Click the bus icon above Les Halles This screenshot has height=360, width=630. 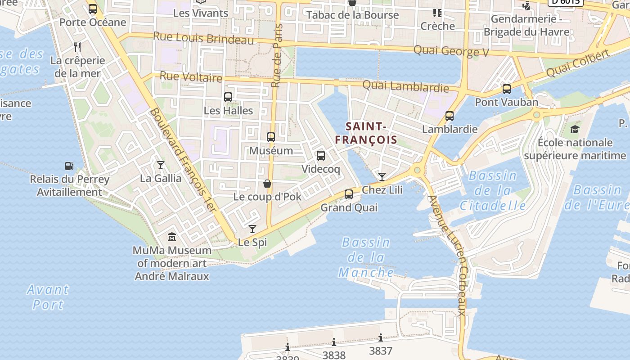pyautogui.click(x=228, y=97)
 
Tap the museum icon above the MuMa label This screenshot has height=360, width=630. pyautogui.click(x=172, y=237)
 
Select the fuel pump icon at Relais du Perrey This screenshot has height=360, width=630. pyautogui.click(x=69, y=166)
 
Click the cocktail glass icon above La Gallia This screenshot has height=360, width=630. pyautogui.click(x=160, y=165)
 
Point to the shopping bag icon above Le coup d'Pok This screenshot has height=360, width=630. pyautogui.click(x=267, y=184)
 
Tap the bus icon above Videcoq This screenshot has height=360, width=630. pyautogui.click(x=321, y=156)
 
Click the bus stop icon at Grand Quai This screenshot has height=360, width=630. pyautogui.click(x=349, y=194)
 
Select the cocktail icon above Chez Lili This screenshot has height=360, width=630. pyautogui.click(x=382, y=176)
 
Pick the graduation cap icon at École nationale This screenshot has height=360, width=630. pyautogui.click(x=575, y=130)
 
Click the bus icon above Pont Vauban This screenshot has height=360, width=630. pyautogui.click(x=507, y=89)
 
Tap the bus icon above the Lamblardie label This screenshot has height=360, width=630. pyautogui.click(x=449, y=116)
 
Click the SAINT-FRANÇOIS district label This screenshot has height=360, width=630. pyautogui.click(x=366, y=133)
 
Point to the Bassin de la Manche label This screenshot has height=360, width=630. pyautogui.click(x=366, y=257)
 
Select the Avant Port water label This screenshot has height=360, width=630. pyautogui.click(x=48, y=297)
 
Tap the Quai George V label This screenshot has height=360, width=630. pyautogui.click(x=451, y=51)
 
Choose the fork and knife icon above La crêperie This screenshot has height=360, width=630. pyautogui.click(x=77, y=47)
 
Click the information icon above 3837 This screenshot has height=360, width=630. pyautogui.click(x=381, y=337)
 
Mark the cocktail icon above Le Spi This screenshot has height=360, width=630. pyautogui.click(x=252, y=229)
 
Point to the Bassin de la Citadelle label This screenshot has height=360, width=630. pyautogui.click(x=493, y=191)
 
